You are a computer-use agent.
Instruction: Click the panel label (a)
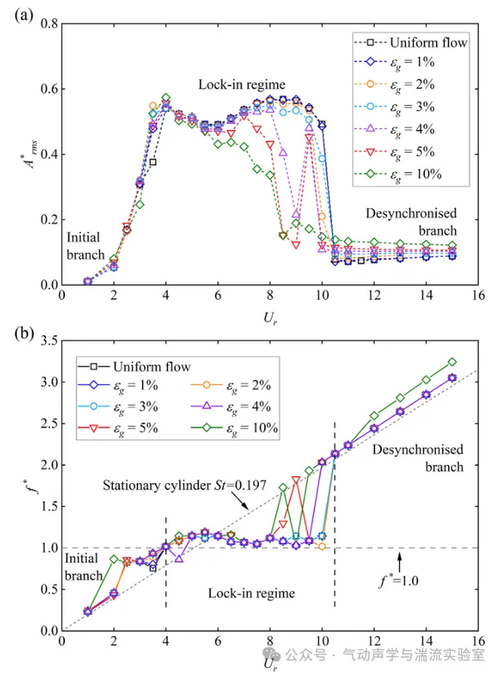(23, 16)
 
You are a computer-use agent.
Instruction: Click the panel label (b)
(23, 334)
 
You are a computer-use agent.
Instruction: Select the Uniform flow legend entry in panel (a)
(410, 42)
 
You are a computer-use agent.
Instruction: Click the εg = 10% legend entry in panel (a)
(398, 175)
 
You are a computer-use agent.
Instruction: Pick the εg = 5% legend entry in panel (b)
(118, 428)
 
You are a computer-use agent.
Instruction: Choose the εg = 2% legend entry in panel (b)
(231, 386)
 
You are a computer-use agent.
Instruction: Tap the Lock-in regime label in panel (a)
(242, 85)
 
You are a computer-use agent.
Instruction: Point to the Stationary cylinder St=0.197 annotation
(184, 485)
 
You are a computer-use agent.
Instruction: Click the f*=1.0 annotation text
(398, 581)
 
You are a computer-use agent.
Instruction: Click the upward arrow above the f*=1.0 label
(399, 561)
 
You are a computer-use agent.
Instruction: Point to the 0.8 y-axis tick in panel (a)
(49, 23)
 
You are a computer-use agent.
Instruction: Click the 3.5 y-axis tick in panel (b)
(49, 341)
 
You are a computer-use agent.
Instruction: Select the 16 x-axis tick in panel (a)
(478, 295)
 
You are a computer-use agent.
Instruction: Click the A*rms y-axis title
(31, 154)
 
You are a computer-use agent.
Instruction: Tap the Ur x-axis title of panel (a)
(270, 319)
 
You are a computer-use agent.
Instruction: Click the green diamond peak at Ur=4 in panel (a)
(166, 98)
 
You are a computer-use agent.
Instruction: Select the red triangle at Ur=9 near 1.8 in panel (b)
(296, 480)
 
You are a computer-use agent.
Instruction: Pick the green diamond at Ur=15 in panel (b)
(452, 362)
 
